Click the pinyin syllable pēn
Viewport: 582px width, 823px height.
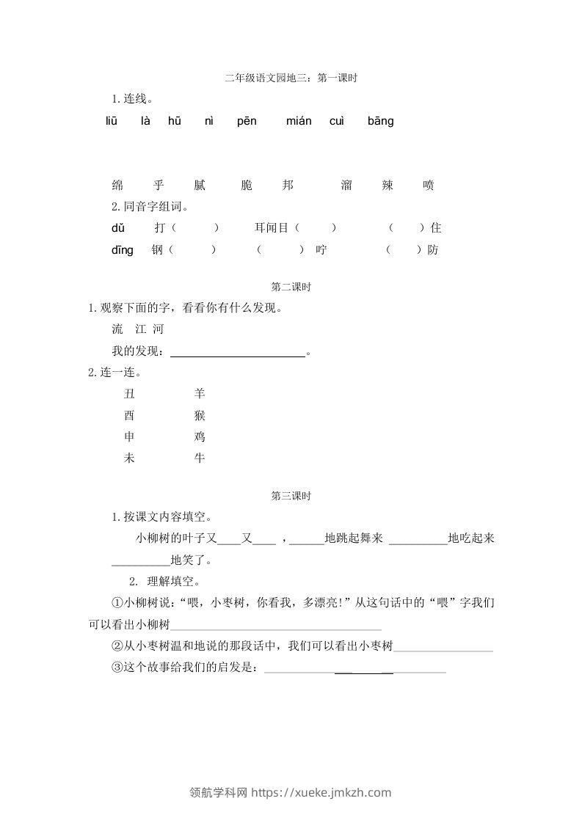tap(247, 121)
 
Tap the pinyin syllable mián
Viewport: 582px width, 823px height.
tap(299, 121)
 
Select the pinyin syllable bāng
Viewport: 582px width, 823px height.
tap(380, 121)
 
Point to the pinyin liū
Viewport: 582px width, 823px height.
tap(112, 121)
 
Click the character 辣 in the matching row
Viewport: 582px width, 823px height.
tap(388, 186)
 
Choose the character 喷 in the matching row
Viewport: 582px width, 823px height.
tap(429, 186)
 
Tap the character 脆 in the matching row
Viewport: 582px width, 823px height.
tap(247, 186)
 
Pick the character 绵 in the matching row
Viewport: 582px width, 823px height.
tap(117, 186)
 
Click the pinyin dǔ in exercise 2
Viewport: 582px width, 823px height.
tap(118, 228)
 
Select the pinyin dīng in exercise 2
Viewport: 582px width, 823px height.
tap(123, 250)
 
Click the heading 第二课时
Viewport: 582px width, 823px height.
tap(291, 288)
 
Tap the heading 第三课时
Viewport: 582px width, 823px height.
tap(291, 497)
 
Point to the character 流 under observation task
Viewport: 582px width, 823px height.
tap(117, 329)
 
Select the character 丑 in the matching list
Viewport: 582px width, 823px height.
tap(129, 394)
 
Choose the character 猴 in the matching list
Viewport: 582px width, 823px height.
tap(200, 416)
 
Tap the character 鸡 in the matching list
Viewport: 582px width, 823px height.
tap(200, 437)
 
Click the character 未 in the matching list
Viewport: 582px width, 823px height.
tap(129, 458)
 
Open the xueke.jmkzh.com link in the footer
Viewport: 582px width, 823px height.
tap(322, 792)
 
